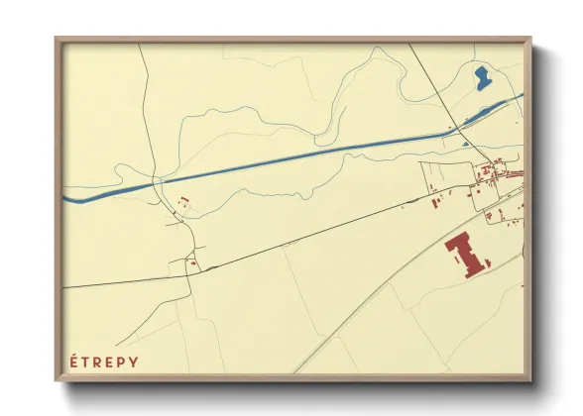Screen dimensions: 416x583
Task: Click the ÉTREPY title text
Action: coord(104,362)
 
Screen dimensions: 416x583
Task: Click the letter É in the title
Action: coord(74,362)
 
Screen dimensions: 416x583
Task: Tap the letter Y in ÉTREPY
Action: coord(134,362)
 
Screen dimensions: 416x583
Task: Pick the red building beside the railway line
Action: coord(436,203)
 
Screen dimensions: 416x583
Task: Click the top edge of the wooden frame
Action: coord(292,41)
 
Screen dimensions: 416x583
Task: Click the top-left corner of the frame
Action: coord(58,41)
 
